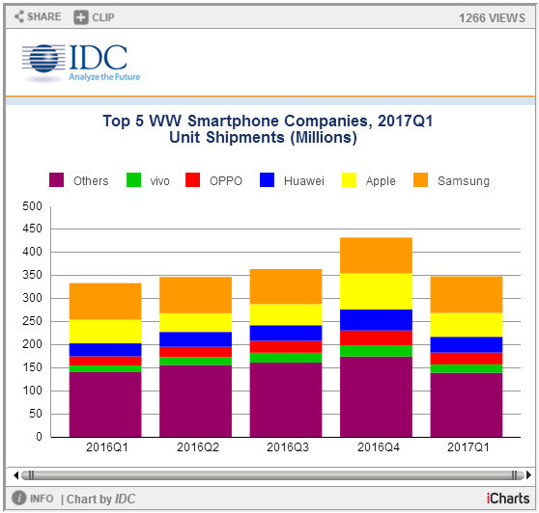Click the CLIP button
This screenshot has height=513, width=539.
(x=95, y=16)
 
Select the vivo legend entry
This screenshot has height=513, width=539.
(x=146, y=180)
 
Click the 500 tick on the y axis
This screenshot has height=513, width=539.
(x=31, y=206)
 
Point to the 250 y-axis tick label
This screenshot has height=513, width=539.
(x=31, y=322)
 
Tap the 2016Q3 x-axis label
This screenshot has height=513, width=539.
(x=286, y=448)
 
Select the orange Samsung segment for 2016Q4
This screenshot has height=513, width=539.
(x=376, y=255)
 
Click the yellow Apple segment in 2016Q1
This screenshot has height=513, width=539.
(x=105, y=331)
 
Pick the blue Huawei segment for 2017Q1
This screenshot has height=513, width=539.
(x=467, y=344)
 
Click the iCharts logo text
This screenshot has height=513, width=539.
(x=506, y=499)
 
